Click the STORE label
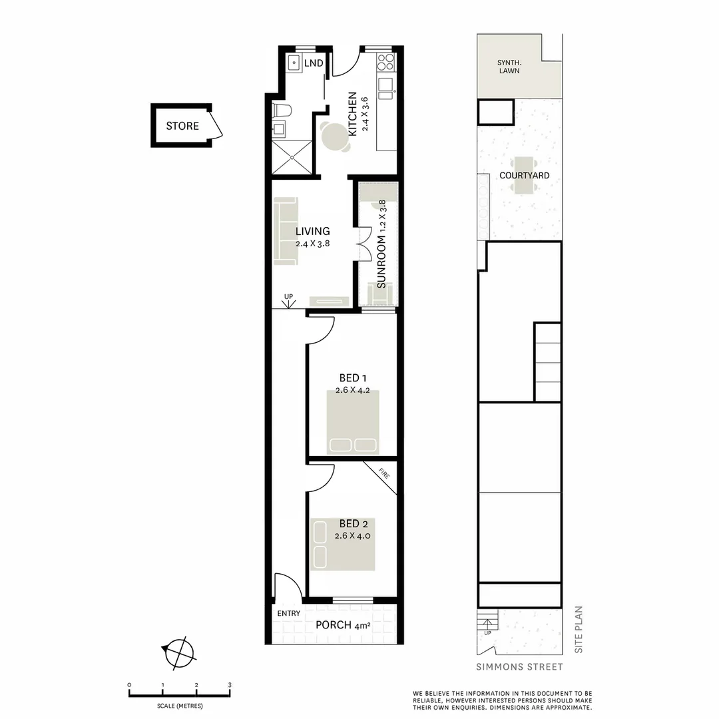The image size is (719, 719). coord(182,126)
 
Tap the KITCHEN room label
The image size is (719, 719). coord(353,113)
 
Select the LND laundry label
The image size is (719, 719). coord(314,63)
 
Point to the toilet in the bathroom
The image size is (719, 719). coord(282,111)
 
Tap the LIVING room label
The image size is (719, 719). coord(313,232)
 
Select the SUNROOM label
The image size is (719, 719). coord(381,262)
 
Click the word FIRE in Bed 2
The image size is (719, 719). coord(384,475)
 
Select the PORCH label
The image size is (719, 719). coord(334,625)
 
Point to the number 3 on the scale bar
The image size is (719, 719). coord(229,685)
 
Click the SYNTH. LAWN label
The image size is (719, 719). coord(509,67)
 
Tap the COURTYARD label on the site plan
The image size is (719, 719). coord(525,176)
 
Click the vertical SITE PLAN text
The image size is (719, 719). coord(578,628)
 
